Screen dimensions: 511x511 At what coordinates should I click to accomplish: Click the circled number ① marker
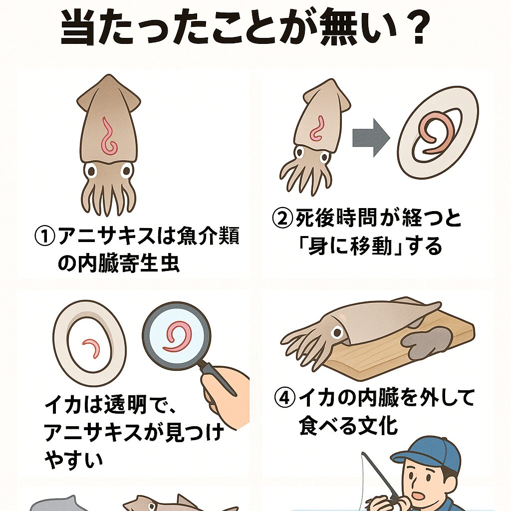44,236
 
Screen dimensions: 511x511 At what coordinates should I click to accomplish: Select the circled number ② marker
282,219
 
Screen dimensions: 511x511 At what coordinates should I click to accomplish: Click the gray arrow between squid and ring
371,138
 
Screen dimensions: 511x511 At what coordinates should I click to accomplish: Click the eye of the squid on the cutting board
337,333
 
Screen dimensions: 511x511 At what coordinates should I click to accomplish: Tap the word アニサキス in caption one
106,236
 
